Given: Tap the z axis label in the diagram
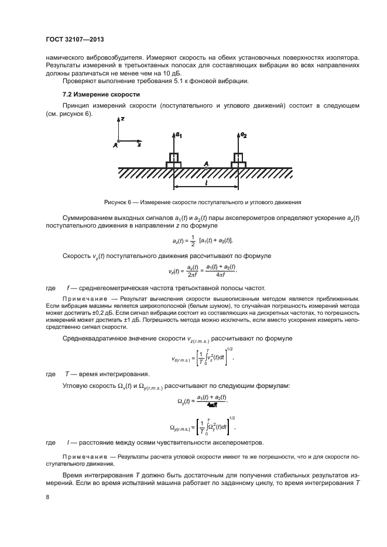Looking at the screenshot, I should [x=124, y=119].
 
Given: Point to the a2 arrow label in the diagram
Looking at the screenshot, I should [x=243, y=135].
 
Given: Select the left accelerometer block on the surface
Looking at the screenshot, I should [x=173, y=160].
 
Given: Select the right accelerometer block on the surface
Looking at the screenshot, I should [x=238, y=160].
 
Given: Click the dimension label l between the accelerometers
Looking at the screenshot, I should [x=206, y=184].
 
